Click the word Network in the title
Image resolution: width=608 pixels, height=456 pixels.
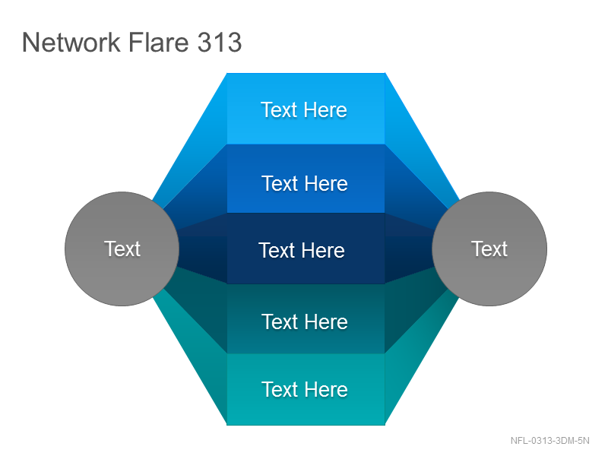point(71,43)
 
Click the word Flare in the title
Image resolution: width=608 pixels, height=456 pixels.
point(158,43)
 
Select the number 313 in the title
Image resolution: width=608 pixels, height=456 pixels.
point(220,43)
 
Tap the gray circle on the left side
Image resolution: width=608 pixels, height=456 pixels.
point(122,249)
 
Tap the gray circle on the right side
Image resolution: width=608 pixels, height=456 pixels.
point(489,249)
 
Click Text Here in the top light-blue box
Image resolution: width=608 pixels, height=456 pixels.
point(304,109)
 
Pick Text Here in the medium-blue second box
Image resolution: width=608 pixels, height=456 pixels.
point(305,183)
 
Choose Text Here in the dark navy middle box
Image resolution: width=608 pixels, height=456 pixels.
point(302,250)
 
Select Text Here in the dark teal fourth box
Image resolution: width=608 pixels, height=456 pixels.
point(305,321)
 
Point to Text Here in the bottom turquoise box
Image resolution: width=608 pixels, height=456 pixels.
point(305,389)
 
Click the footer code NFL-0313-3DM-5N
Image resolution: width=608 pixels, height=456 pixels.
point(549,441)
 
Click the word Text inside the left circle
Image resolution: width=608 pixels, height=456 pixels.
point(122,249)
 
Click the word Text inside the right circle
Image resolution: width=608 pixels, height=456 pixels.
point(489,249)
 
